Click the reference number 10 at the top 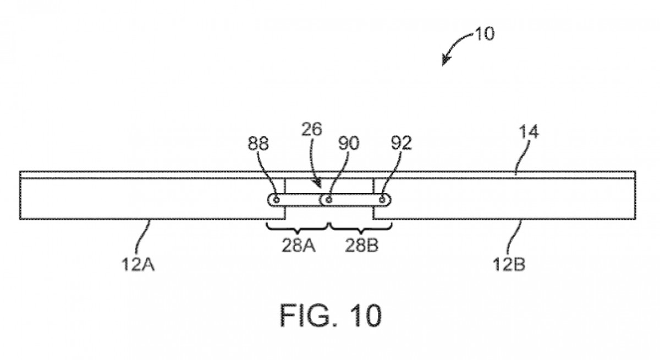[484, 34]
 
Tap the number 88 [258, 144]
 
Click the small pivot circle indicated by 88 [276, 200]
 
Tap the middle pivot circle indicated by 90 [328, 200]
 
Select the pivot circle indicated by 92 [381, 200]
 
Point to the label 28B [361, 246]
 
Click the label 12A [137, 266]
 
